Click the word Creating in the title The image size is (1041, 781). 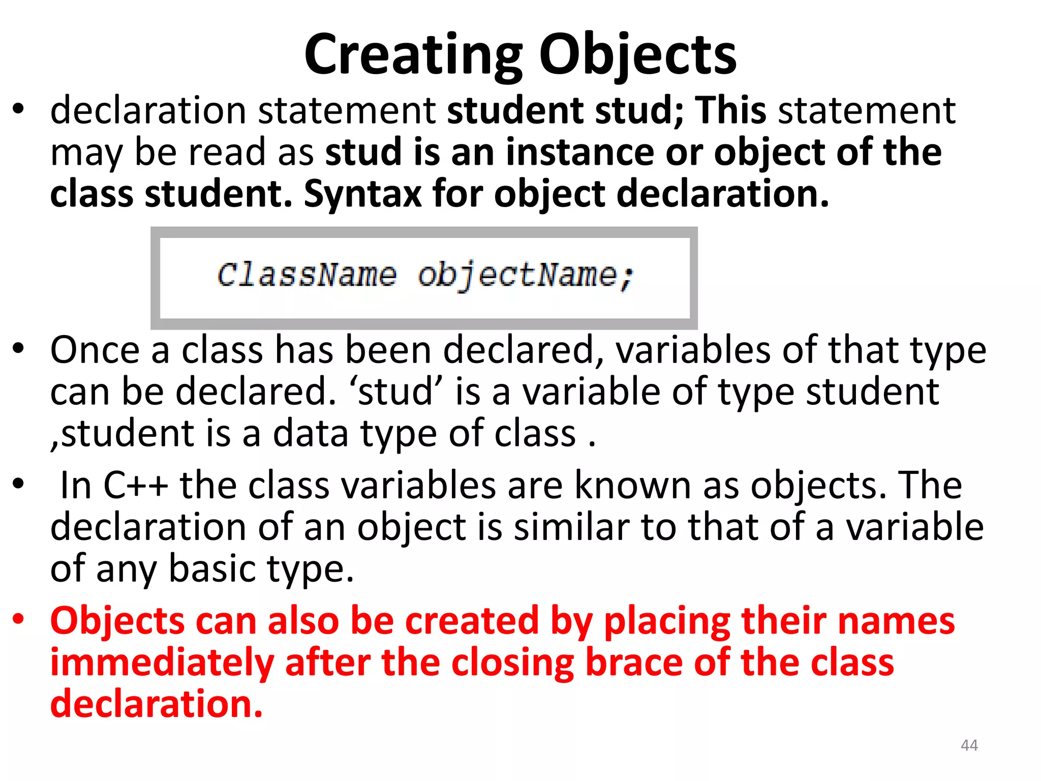coord(413,55)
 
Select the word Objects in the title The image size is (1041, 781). coord(637,55)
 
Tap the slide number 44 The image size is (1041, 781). coord(969,745)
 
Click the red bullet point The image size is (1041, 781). coord(18,619)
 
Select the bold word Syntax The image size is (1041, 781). coord(362,194)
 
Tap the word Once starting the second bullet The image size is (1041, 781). coord(95,350)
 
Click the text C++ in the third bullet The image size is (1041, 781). coord(135,486)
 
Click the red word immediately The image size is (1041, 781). coord(162,663)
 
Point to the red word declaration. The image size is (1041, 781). coord(156,705)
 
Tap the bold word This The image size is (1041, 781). coord(730,110)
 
